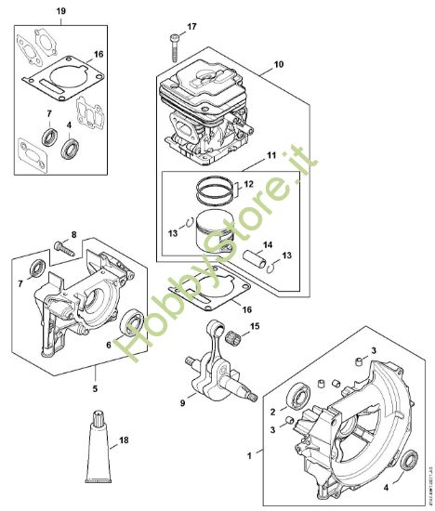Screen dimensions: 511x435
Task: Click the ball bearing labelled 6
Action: pos(131,323)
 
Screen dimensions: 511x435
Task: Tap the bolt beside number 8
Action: pos(62,246)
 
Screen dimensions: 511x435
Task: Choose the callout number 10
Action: pos(277,66)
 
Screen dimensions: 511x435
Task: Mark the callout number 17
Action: pos(192,27)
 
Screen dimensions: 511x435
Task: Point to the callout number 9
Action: pos(183,402)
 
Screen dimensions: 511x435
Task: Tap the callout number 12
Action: pos(247,186)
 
